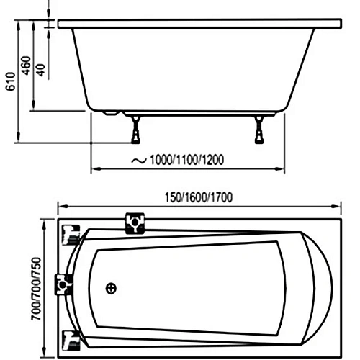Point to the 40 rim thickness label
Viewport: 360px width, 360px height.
click(40, 70)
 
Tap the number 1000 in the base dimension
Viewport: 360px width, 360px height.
click(163, 159)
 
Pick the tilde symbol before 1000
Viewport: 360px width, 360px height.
click(136, 159)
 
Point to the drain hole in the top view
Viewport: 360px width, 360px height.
click(110, 287)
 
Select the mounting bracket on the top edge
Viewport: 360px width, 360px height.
click(134, 224)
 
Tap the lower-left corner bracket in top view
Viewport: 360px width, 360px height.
click(70, 338)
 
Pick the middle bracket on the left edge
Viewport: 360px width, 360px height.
click(66, 285)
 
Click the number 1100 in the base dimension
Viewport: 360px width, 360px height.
click(185, 159)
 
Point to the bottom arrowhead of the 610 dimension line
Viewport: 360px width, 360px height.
click(18, 141)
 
